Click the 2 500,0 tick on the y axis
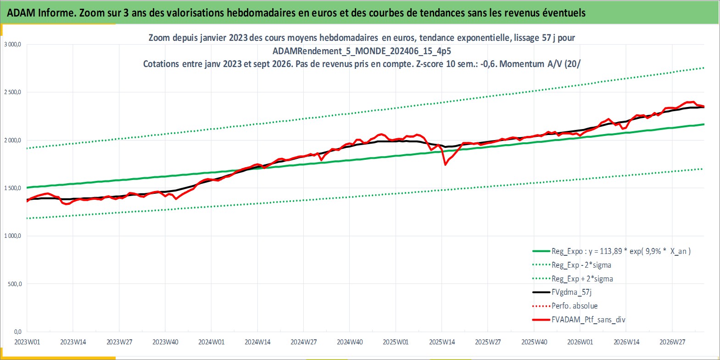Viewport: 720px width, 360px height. click(x=12, y=92)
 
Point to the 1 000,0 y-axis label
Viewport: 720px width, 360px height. click(x=12, y=236)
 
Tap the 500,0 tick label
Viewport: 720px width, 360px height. click(x=15, y=284)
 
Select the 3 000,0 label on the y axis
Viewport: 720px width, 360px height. click(x=12, y=45)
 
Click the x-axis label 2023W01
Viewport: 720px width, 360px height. click(x=28, y=342)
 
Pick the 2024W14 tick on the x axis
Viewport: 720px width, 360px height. click(x=257, y=342)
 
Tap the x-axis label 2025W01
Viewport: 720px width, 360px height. click(x=396, y=342)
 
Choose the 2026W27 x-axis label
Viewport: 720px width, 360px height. click(x=672, y=342)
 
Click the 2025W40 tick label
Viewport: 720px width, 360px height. click(x=534, y=342)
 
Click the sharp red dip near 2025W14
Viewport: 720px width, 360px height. click(x=445, y=164)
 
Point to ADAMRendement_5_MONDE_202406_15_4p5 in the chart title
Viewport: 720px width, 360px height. click(x=362, y=51)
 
